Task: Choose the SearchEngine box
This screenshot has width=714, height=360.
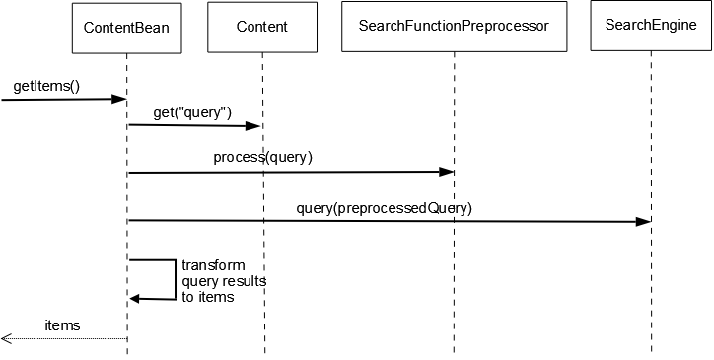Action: tap(649, 28)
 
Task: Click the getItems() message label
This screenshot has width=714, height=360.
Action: tap(45, 87)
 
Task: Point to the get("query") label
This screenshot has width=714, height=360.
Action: tap(192, 112)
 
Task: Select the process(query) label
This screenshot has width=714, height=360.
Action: tap(262, 157)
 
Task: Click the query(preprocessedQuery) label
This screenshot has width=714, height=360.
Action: tap(384, 208)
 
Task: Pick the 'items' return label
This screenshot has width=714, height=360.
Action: tap(62, 324)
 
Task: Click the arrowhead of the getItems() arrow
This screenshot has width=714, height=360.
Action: tap(120, 99)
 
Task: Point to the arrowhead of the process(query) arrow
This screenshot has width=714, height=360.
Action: tap(447, 172)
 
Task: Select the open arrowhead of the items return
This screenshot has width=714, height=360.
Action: tap(6, 338)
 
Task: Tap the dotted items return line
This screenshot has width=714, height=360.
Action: tap(69, 338)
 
